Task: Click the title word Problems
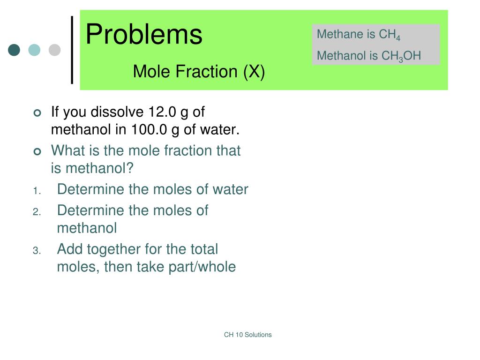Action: pos(144,34)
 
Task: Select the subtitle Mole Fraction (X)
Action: pos(199,72)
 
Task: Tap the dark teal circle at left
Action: pos(14,50)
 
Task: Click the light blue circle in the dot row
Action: pos(34,50)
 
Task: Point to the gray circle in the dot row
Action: pos(55,50)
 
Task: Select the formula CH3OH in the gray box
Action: pos(401,56)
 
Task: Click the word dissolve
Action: pos(117,112)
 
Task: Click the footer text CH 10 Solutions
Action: pos(247,335)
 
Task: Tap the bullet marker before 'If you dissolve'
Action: pos(37,113)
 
